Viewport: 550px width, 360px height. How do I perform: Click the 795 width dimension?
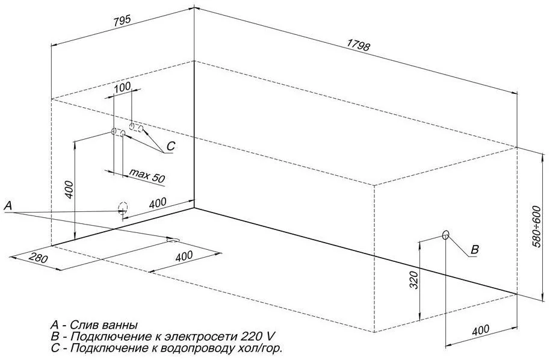point(122,20)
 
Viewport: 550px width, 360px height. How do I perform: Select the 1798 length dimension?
point(358,45)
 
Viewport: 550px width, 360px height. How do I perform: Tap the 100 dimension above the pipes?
point(122,86)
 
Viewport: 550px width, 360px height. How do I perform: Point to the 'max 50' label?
point(147,175)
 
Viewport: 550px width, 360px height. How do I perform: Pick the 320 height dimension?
point(415,280)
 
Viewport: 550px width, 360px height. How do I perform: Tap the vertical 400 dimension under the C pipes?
point(69,190)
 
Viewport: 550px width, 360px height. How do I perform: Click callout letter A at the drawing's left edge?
point(8,206)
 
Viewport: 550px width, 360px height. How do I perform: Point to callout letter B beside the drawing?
point(474,250)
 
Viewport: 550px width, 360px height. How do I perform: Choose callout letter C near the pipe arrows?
point(170,146)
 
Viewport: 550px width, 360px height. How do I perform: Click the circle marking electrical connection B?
point(446,235)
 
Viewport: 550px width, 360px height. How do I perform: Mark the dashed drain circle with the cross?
point(123,208)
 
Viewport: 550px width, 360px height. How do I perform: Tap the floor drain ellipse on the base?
point(173,240)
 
